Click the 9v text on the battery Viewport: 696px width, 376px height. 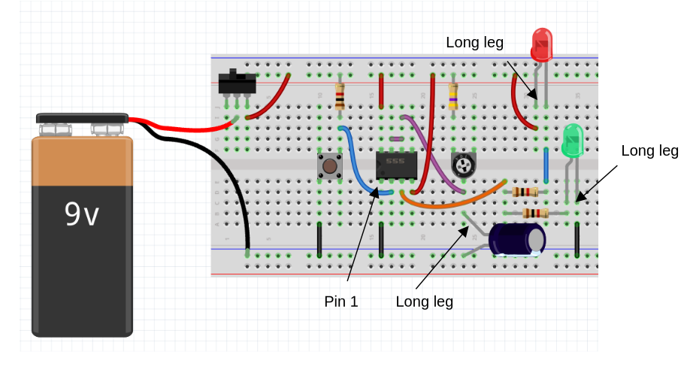tap(82, 215)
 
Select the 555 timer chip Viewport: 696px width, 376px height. tap(396, 165)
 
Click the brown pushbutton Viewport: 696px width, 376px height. tap(329, 165)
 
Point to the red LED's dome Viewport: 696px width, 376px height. tap(541, 44)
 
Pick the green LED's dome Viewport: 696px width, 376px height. tap(573, 141)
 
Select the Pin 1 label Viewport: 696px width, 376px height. tap(341, 302)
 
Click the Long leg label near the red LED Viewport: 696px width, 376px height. tap(474, 43)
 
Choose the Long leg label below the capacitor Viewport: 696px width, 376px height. tap(425, 302)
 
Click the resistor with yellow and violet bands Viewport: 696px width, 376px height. tap(453, 96)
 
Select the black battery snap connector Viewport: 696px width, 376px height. tap(82, 118)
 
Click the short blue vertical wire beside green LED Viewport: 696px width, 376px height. tap(546, 165)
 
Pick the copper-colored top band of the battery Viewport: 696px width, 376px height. tap(82, 160)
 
